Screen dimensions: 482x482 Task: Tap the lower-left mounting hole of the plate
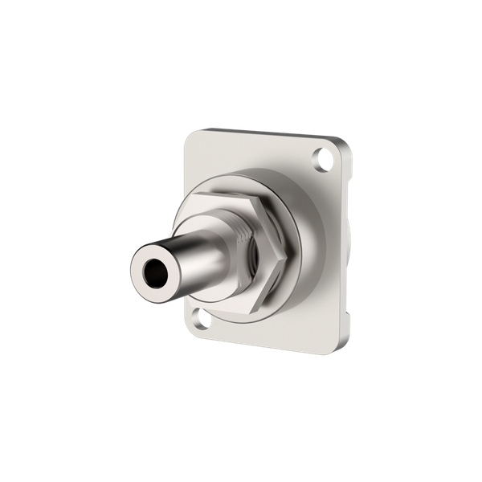tap(204, 320)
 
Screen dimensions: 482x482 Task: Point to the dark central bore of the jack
tap(151, 275)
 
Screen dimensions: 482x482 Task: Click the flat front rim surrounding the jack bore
tap(141, 280)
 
